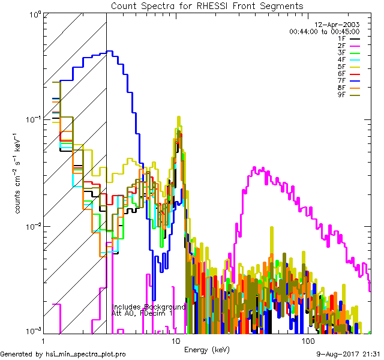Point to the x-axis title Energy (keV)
206,349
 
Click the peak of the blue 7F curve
109,52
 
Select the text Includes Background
149,307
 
